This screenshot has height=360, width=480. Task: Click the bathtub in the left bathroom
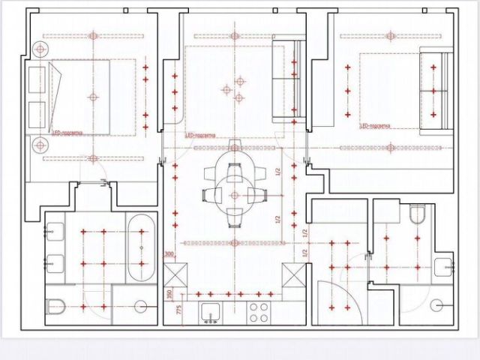click(x=141, y=247)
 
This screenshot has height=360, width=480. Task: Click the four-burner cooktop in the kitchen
click(x=259, y=312)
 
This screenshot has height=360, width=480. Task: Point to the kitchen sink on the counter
click(x=209, y=312)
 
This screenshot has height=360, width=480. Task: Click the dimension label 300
click(x=169, y=254)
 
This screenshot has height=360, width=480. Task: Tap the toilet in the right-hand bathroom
click(x=418, y=217)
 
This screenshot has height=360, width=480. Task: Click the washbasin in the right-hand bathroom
click(x=444, y=266)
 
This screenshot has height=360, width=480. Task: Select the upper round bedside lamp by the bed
click(x=39, y=49)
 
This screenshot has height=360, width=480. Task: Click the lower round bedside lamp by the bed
click(x=39, y=145)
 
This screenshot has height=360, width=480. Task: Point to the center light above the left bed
click(x=93, y=97)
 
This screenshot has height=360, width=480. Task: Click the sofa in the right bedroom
click(x=434, y=90)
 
